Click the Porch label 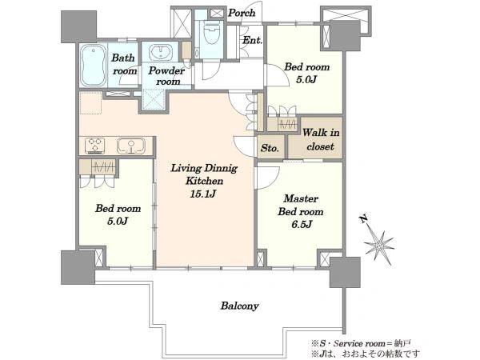point(242,13)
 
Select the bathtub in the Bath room point(94,66)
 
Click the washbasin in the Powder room point(161,52)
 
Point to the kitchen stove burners point(95,146)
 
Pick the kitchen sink point(131,146)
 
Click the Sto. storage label point(270,149)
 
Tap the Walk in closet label point(321,139)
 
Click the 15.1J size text point(203,194)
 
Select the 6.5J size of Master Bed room point(302,224)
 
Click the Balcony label point(240,306)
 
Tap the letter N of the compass point(364,219)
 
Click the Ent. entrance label point(253,40)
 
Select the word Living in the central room point(186,168)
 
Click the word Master point(301,198)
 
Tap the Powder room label point(166,76)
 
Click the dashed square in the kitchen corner point(90,103)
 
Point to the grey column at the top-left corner point(79,26)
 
